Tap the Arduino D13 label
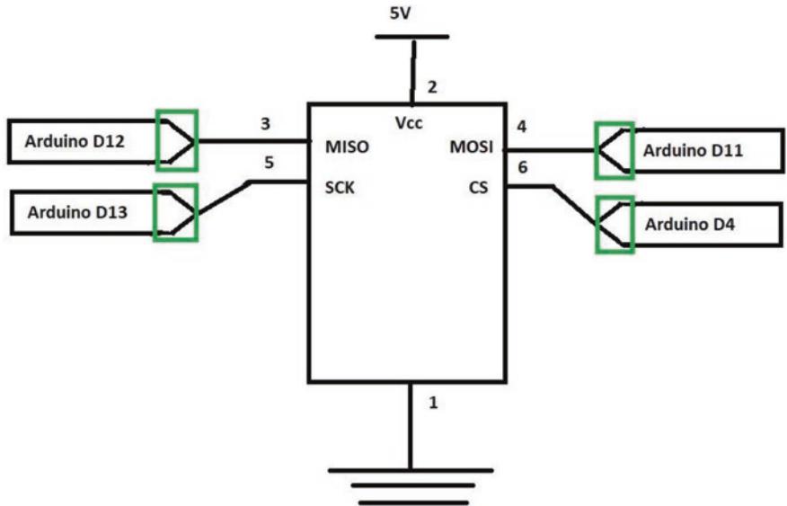click(76, 214)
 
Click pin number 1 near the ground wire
click(432, 403)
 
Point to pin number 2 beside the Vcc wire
click(432, 87)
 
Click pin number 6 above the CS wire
click(524, 167)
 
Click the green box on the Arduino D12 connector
click(176, 139)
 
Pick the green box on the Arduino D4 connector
click(615, 225)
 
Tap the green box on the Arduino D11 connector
click(615, 149)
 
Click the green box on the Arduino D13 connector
click(175, 212)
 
